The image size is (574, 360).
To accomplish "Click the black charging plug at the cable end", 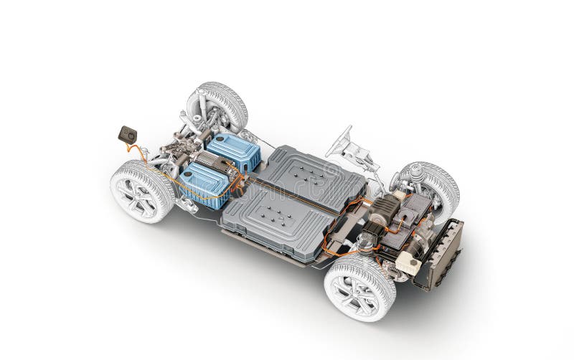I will [127, 134].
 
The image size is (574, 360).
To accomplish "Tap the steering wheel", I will [339, 142].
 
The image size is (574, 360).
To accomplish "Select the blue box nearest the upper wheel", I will [232, 151].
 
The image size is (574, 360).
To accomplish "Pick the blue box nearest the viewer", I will [204, 185].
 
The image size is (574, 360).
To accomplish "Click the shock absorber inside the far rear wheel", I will [204, 108].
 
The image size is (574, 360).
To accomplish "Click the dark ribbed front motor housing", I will [384, 208].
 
